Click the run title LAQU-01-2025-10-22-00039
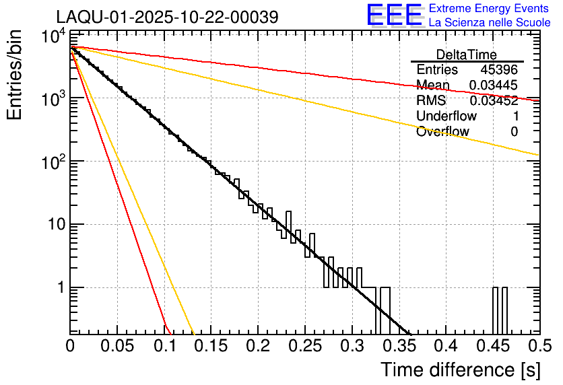(166, 17)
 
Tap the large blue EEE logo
(394, 15)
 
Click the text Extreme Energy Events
(489, 9)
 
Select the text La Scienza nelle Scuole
(490, 23)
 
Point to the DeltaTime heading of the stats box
(467, 55)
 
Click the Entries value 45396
(499, 70)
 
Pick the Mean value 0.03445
(494, 85)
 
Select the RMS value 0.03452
(494, 101)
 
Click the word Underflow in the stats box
(446, 116)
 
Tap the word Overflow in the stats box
(442, 132)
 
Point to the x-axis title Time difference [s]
(460, 370)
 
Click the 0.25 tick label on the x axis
(304, 347)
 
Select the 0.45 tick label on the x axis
(492, 347)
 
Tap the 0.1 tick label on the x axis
(164, 347)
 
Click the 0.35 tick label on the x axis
(399, 347)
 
